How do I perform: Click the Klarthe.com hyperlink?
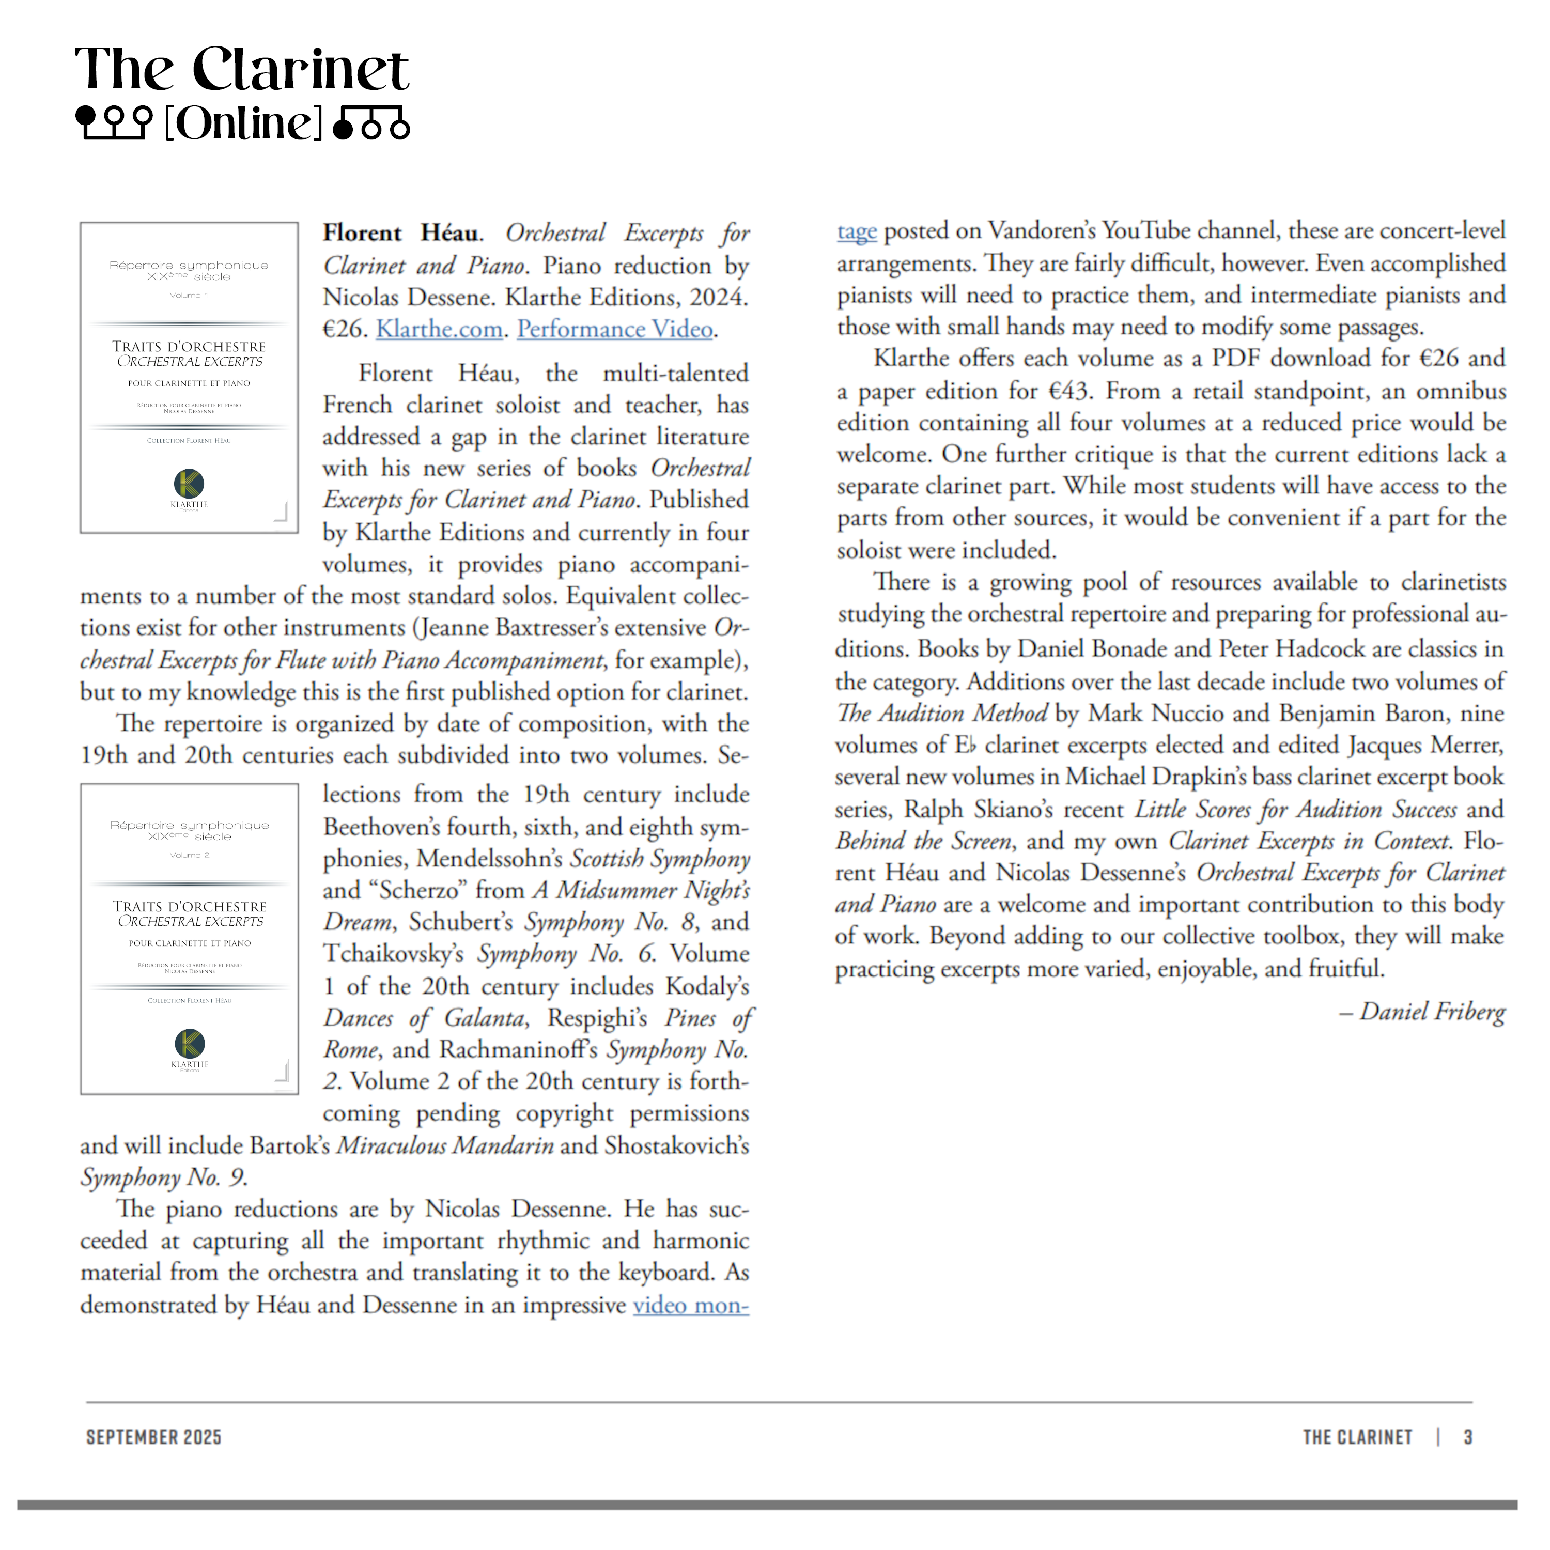coord(439,329)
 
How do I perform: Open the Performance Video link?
coord(614,329)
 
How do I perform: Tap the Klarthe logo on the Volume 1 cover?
coord(189,484)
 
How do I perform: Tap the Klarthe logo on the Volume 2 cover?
coord(190,1044)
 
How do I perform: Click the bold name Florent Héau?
coord(401,234)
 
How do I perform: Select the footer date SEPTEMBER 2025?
coord(153,1437)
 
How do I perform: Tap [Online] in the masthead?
coord(243,123)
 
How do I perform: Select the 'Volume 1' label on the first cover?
coord(189,295)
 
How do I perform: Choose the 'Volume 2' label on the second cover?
coord(189,855)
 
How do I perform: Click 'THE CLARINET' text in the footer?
coord(1357,1437)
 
